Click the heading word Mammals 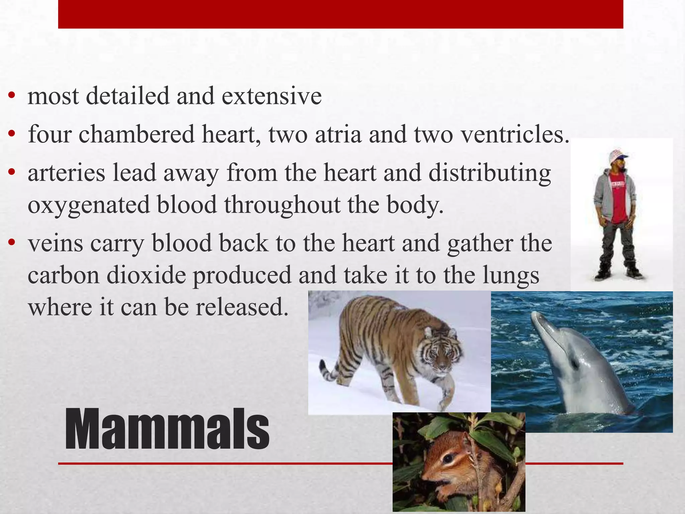167,429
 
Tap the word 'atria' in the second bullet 338,134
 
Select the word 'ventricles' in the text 511,134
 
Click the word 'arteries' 67,173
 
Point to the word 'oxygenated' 89,205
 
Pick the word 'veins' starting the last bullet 56,243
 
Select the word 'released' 241,307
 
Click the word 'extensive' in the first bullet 271,96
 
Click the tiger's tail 329,371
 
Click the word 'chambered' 136,134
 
